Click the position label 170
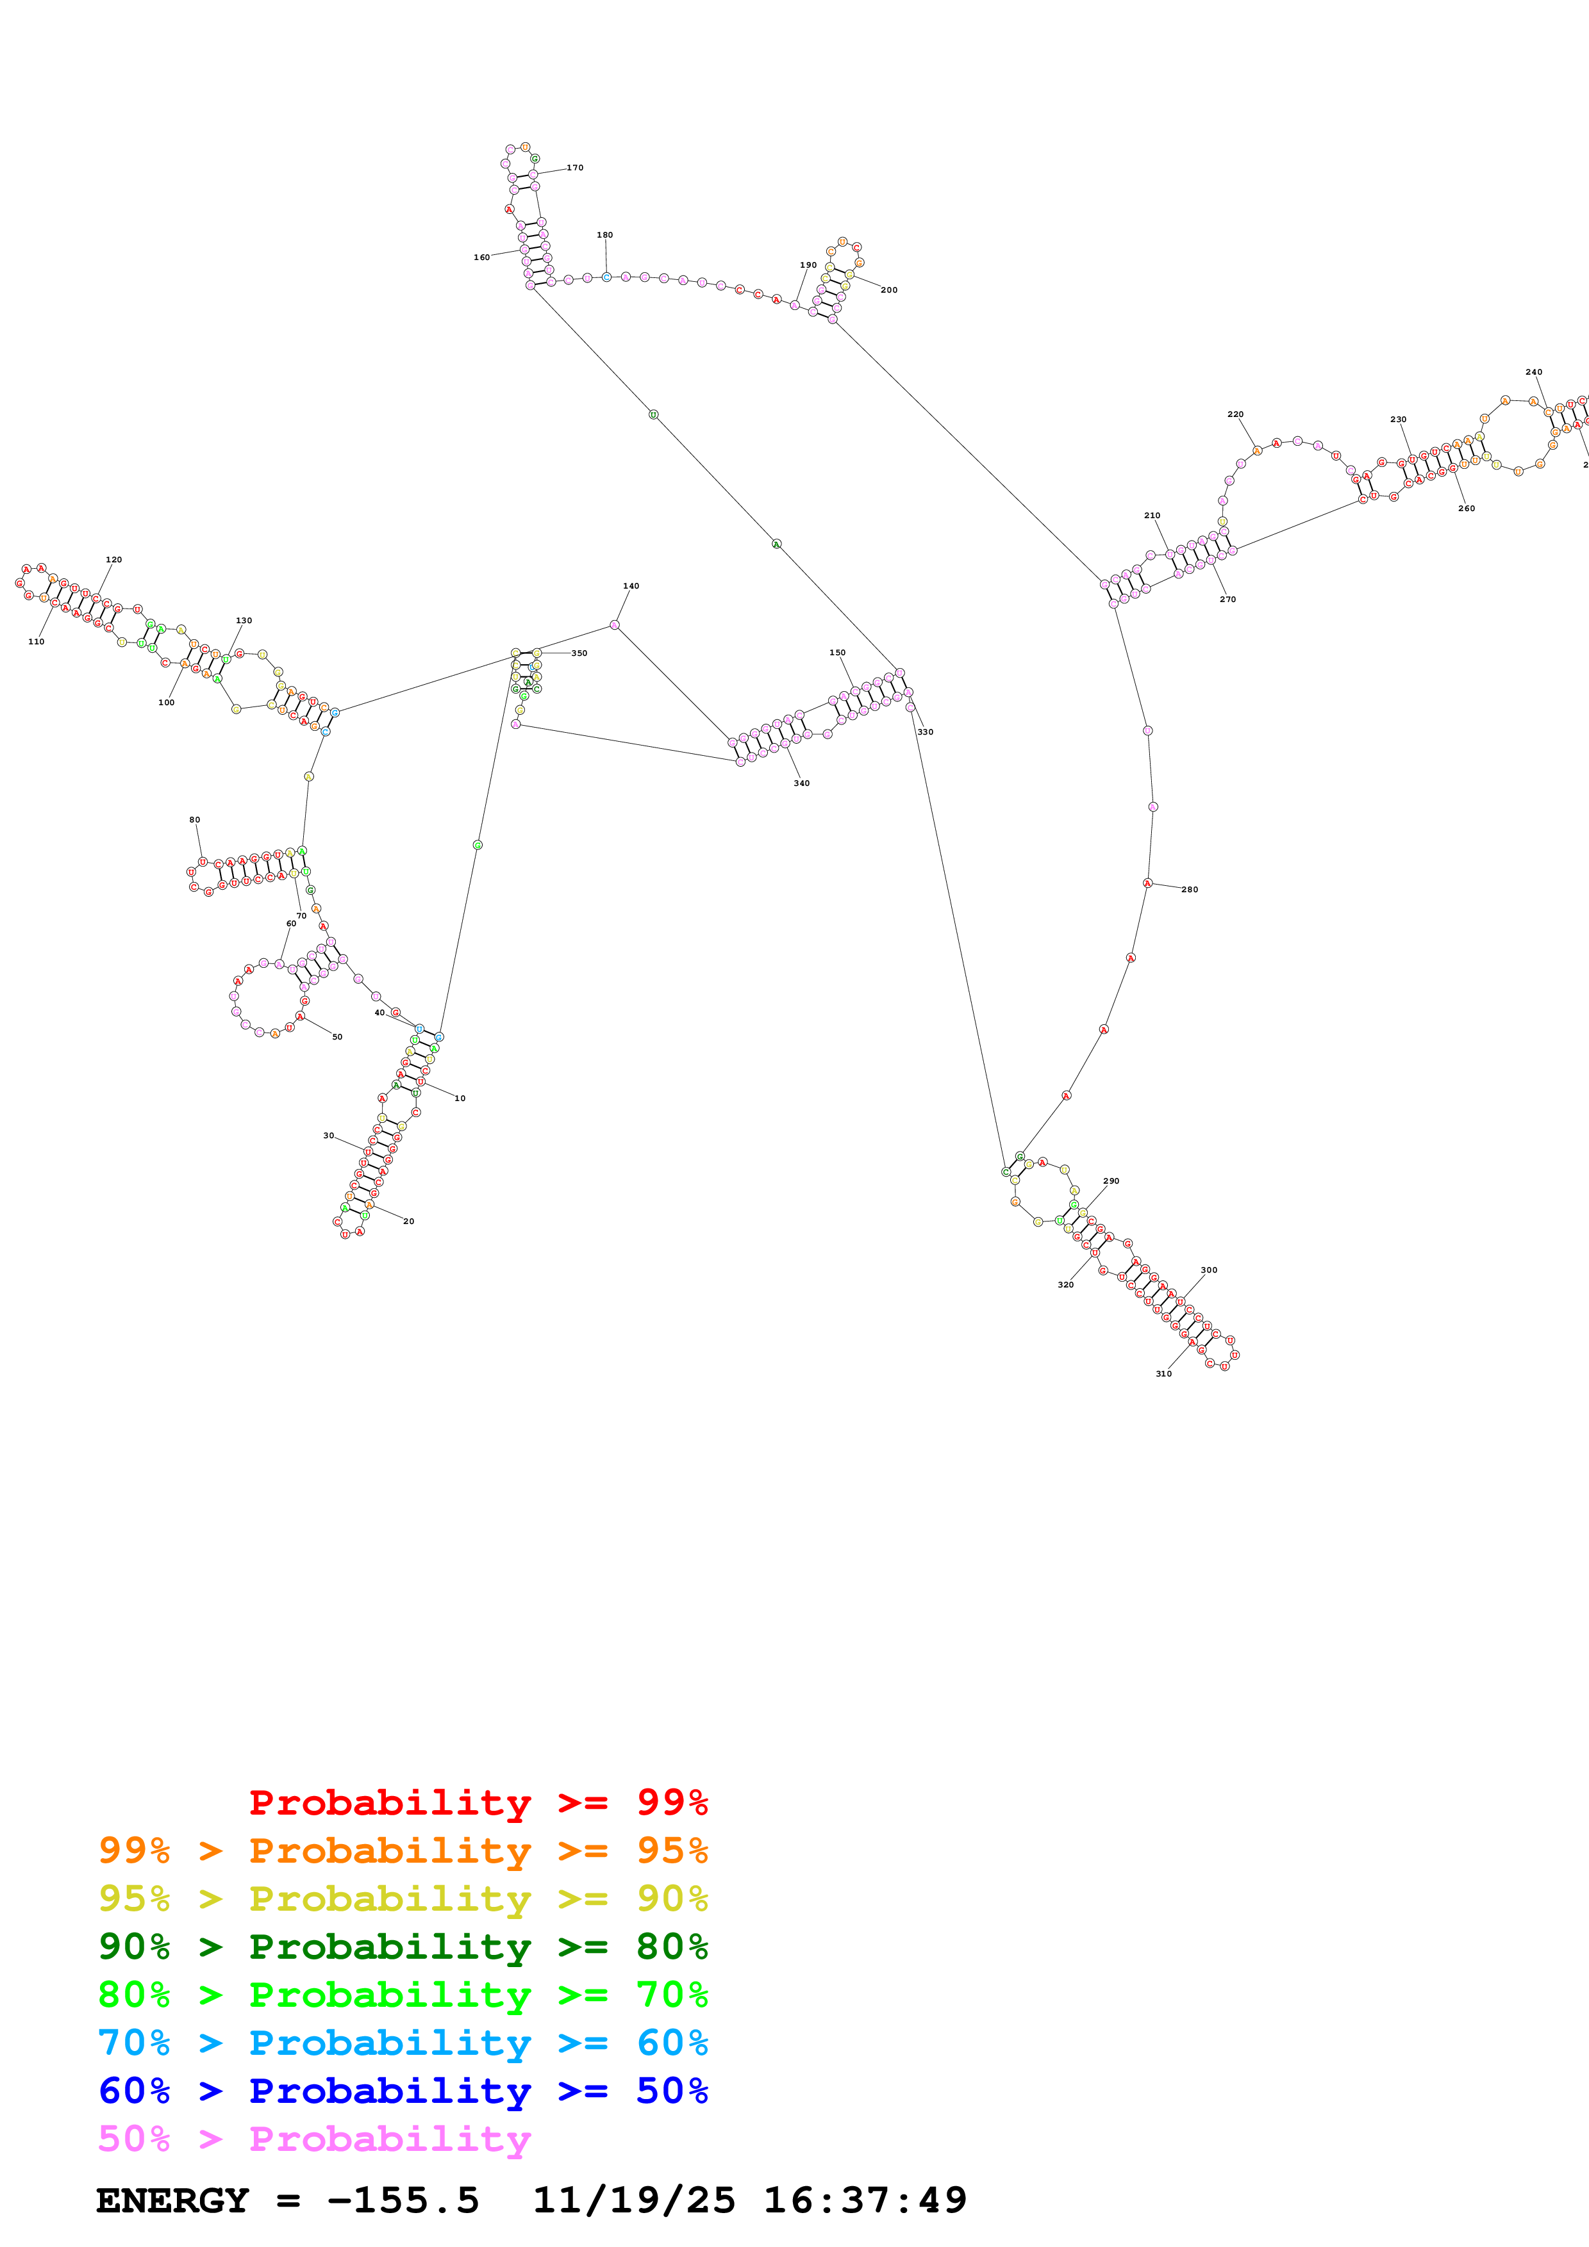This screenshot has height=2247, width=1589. click(x=576, y=167)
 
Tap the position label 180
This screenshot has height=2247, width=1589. click(x=605, y=235)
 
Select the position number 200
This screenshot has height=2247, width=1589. click(x=889, y=290)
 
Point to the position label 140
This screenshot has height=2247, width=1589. click(x=631, y=586)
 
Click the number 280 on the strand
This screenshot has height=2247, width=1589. click(x=1190, y=890)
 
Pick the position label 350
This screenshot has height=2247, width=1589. click(x=579, y=653)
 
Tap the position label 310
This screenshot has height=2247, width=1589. click(x=1164, y=1373)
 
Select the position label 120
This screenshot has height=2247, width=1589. click(x=113, y=560)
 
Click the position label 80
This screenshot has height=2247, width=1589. click(x=195, y=820)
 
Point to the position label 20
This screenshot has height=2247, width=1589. click(x=408, y=1222)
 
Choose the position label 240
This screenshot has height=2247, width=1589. click(x=1534, y=372)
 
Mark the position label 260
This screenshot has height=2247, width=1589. click(x=1467, y=508)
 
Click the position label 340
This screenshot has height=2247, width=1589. click(x=802, y=783)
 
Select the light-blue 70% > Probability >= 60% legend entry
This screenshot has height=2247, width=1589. click(x=403, y=2043)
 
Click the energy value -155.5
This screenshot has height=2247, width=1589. click(x=403, y=2200)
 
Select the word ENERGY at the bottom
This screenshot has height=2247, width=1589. click(x=172, y=2200)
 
